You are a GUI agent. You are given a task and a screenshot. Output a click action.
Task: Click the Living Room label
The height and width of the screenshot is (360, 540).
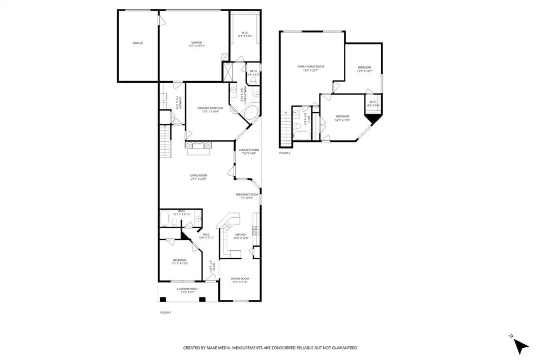click(199, 177)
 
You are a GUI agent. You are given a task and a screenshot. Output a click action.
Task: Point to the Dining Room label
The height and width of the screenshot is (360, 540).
click(240, 279)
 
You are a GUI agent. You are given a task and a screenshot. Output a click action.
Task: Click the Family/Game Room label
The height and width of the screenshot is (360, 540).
click(310, 67)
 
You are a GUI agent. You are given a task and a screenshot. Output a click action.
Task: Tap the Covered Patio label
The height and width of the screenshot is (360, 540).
click(248, 151)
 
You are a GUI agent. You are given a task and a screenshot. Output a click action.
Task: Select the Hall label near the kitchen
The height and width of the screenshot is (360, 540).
click(206, 236)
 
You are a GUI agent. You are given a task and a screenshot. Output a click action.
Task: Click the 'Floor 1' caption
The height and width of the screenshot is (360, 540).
click(166, 313)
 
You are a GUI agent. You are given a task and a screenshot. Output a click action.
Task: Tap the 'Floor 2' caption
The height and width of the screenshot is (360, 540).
click(285, 153)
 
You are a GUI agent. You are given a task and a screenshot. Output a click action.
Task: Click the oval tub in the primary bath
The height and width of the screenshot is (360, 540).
click(252, 112)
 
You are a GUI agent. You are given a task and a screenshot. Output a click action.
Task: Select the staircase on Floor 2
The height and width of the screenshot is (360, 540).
click(286, 127)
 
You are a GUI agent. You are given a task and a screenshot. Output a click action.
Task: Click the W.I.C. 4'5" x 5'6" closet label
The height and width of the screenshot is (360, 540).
click(373, 103)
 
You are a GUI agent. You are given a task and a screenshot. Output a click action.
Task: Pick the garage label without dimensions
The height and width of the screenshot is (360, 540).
click(138, 43)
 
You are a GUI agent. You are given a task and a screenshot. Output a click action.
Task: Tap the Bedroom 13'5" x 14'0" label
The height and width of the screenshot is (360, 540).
click(364, 69)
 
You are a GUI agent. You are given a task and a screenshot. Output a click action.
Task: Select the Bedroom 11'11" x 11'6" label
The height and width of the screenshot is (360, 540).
click(179, 262)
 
